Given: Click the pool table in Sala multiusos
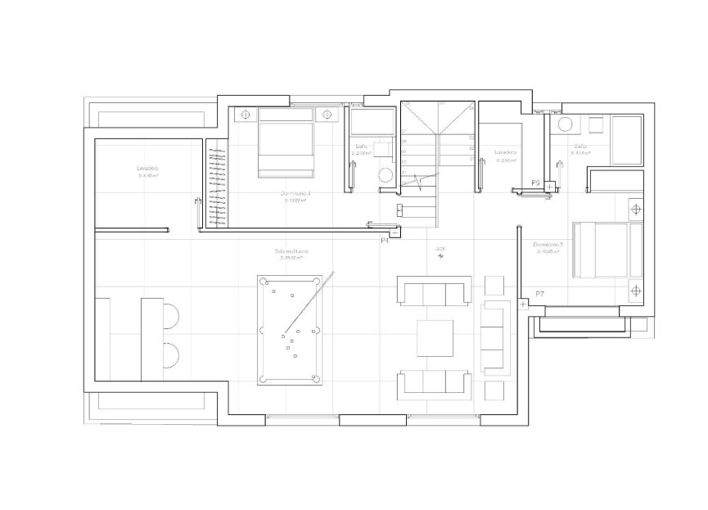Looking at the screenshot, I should (x=290, y=330).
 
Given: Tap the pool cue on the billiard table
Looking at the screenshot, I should (x=309, y=304).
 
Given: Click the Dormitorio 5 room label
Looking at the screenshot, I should (x=546, y=245).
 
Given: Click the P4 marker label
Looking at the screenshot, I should (x=384, y=241).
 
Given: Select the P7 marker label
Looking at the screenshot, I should (x=540, y=293).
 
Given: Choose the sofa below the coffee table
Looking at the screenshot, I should (x=434, y=384).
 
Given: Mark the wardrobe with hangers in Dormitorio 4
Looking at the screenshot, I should (x=217, y=184).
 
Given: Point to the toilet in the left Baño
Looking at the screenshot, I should (x=385, y=176).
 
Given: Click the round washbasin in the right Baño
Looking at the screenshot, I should (x=564, y=125).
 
